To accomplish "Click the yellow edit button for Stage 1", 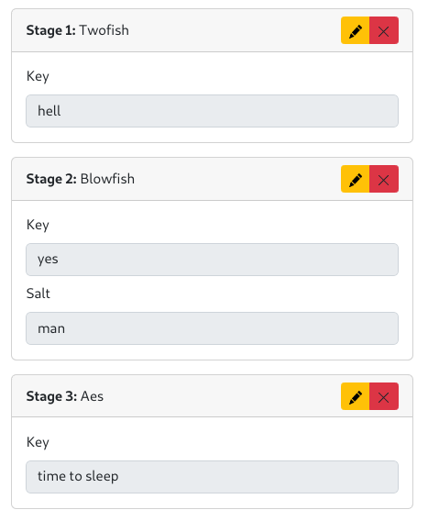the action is point(355,30).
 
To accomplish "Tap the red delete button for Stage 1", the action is point(384,30).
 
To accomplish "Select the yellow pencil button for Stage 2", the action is point(355,179).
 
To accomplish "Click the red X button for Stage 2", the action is point(384,179).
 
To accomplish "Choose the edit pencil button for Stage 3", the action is point(355,396).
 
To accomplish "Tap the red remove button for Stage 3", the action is point(384,396).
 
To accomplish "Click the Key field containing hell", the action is point(213,111).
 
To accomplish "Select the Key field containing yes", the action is point(213,260).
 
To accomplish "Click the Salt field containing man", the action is point(213,328).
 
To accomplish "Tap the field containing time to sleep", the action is point(213,477).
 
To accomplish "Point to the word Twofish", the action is point(104,30).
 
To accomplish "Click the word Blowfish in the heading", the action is point(107,179).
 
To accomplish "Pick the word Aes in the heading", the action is point(92,396).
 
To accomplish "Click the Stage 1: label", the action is point(51,30).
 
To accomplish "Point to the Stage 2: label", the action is point(51,179).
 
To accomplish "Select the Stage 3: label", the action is point(51,396).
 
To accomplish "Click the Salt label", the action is point(38,294).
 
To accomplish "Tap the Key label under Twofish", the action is point(38,77).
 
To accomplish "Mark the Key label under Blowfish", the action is point(38,226).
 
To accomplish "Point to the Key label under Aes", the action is point(38,443).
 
